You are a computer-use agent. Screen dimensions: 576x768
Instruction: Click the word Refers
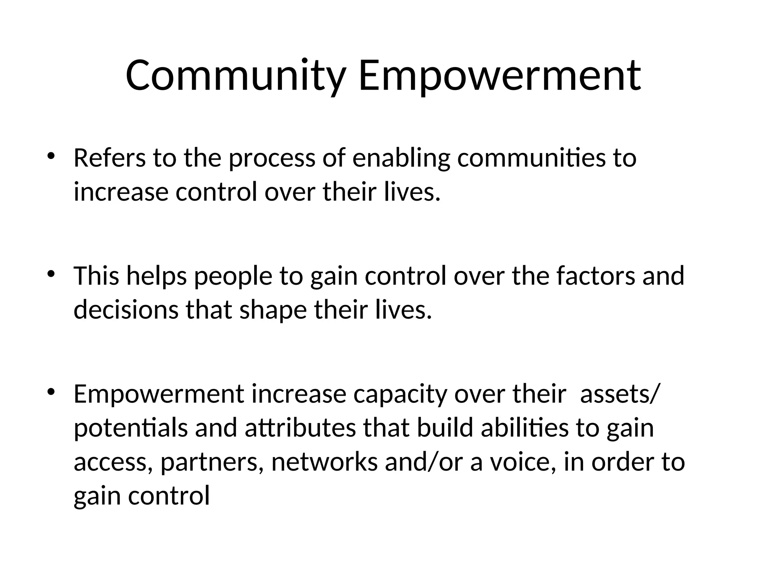(109, 158)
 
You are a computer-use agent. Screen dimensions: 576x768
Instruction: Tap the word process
(272, 159)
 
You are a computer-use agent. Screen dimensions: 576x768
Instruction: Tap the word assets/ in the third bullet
(619, 394)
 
